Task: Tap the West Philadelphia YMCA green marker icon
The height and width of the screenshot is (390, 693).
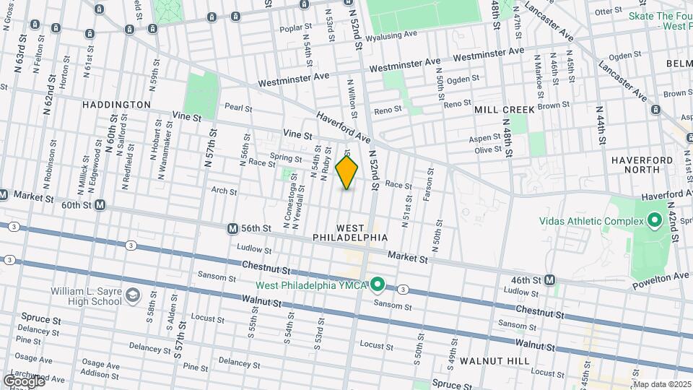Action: click(378, 286)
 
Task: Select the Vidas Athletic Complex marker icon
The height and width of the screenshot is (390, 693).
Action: click(654, 219)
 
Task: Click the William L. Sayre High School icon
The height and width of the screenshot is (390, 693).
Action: click(133, 295)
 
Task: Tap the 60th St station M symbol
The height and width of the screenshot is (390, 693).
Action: click(100, 205)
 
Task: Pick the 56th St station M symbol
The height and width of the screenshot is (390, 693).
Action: click(232, 228)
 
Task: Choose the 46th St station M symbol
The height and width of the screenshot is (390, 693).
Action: click(550, 279)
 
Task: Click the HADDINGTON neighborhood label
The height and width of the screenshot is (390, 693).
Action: click(116, 105)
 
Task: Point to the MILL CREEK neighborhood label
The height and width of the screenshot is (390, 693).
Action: click(504, 110)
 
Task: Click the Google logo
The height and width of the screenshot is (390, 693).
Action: click(24, 381)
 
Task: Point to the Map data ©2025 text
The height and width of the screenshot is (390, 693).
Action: click(660, 383)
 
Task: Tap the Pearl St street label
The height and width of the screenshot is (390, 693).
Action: click(237, 108)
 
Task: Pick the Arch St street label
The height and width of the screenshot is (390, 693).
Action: click(224, 191)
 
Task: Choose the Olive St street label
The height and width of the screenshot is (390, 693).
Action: click(487, 149)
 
